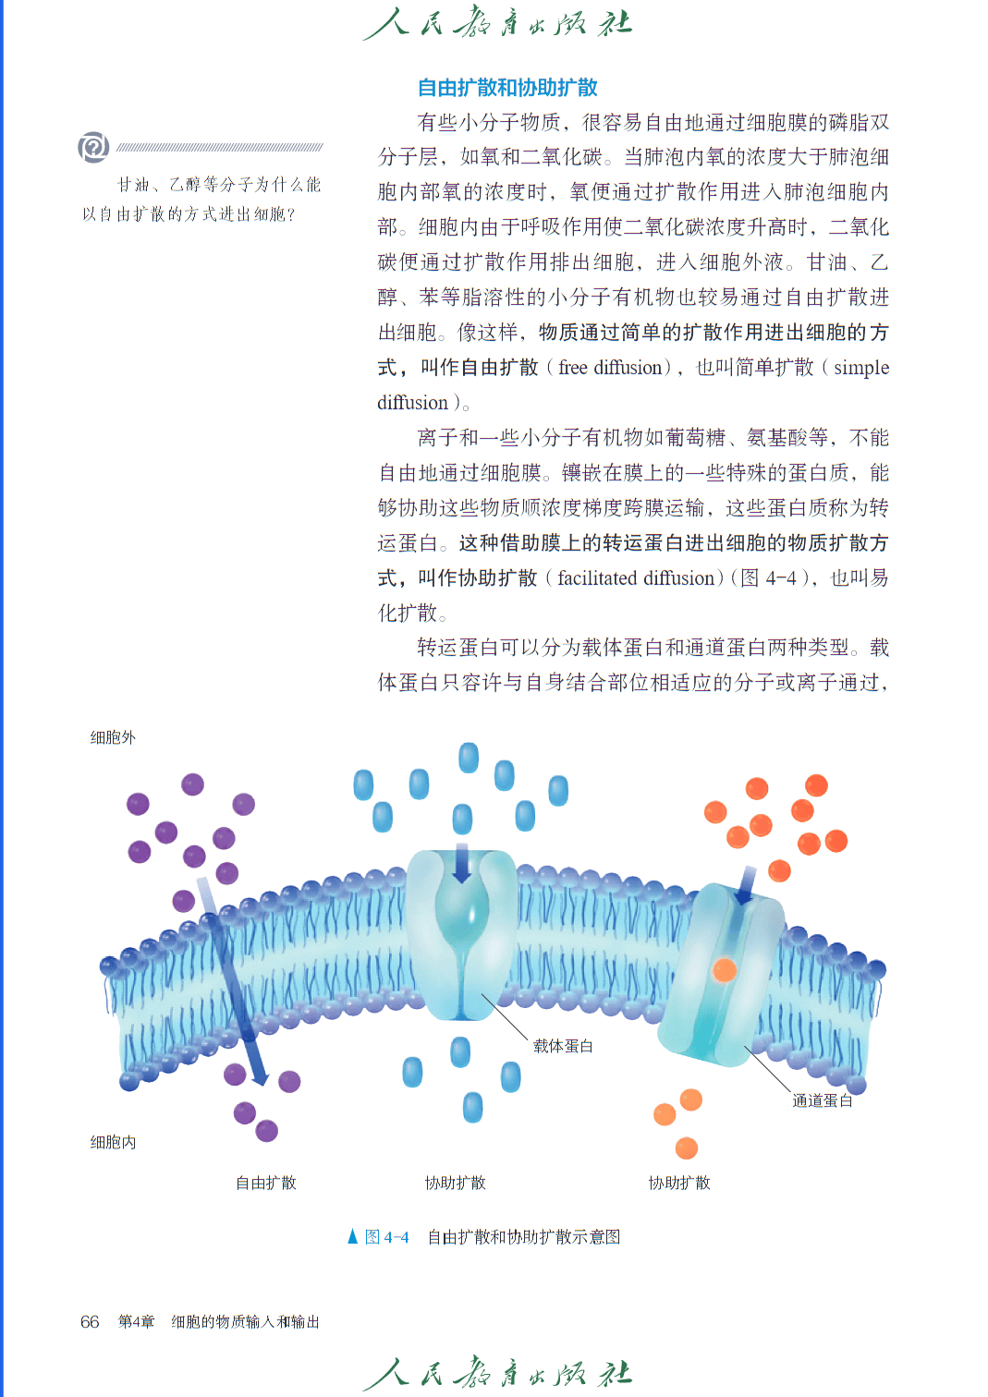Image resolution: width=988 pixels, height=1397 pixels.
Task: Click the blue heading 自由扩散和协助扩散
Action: tap(507, 87)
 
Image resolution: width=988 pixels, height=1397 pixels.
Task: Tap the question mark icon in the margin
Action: tap(93, 147)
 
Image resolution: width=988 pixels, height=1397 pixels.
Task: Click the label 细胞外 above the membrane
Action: tap(113, 738)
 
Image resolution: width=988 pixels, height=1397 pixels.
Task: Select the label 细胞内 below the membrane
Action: tap(113, 1142)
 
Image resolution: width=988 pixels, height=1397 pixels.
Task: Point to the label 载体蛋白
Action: tap(563, 1046)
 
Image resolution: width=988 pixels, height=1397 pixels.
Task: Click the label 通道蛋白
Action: tap(822, 1100)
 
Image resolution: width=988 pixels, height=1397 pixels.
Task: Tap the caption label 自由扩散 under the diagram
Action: tap(265, 1183)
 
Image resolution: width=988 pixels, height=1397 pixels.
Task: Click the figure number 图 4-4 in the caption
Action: tap(386, 1237)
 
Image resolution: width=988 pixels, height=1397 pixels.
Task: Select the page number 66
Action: tap(90, 1321)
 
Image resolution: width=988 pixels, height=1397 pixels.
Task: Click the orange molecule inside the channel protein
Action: tap(725, 970)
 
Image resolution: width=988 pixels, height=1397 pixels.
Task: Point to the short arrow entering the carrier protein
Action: tap(461, 863)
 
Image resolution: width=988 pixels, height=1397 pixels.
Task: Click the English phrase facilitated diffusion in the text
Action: tap(636, 578)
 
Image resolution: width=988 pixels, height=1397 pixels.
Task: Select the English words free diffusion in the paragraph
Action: tap(609, 368)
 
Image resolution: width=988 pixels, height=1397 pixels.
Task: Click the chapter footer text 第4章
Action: tap(137, 1321)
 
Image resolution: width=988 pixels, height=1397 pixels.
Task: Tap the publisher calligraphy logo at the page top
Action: tap(497, 24)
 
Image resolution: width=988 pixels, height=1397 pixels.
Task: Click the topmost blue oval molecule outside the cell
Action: tap(469, 758)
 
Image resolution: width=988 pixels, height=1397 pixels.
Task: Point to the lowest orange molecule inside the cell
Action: tap(686, 1148)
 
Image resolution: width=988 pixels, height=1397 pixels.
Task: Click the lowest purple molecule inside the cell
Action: tap(266, 1131)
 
